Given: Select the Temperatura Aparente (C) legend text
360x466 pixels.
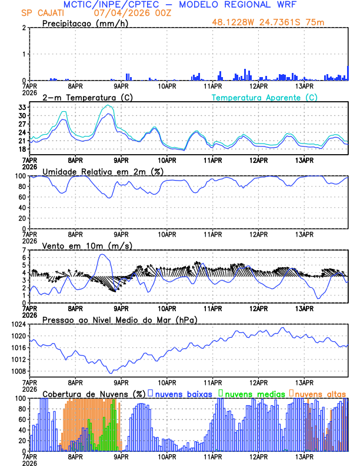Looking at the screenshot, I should (x=265, y=97).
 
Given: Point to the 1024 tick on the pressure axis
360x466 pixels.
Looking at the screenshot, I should (x=18, y=324).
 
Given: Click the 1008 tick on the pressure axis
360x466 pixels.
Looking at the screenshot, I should (x=18, y=371).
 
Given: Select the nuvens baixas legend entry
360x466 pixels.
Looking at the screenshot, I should (x=182, y=394).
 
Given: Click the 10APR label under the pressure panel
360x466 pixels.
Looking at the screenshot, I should (x=167, y=382).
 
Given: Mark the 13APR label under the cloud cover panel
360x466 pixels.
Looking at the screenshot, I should (x=304, y=456).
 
